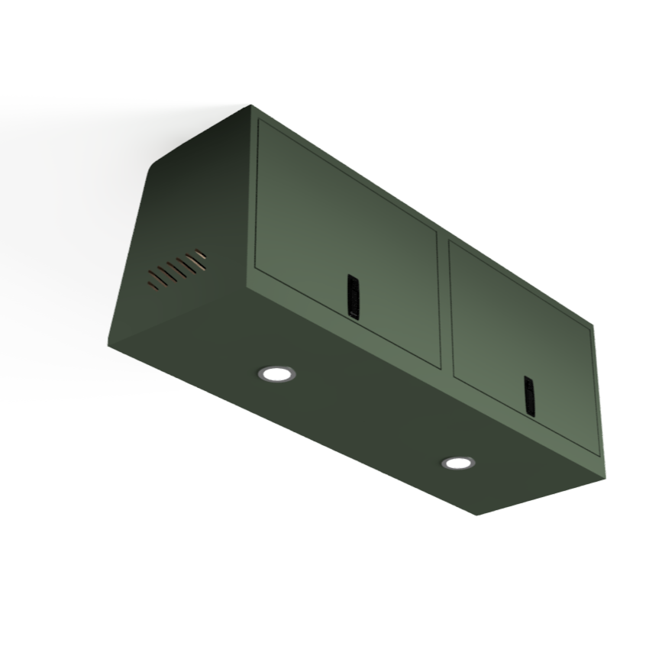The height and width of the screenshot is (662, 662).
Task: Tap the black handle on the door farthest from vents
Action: (529, 396)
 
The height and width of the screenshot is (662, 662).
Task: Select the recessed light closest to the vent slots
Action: (275, 373)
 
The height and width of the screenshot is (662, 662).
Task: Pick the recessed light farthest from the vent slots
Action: (457, 463)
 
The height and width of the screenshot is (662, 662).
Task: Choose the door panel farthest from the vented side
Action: (519, 328)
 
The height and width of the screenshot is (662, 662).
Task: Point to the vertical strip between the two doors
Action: (444, 305)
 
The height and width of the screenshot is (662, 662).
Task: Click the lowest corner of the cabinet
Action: (477, 514)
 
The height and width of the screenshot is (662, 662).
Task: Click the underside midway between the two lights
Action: (366, 418)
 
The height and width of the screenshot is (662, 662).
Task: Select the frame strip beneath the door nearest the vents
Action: (347, 322)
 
